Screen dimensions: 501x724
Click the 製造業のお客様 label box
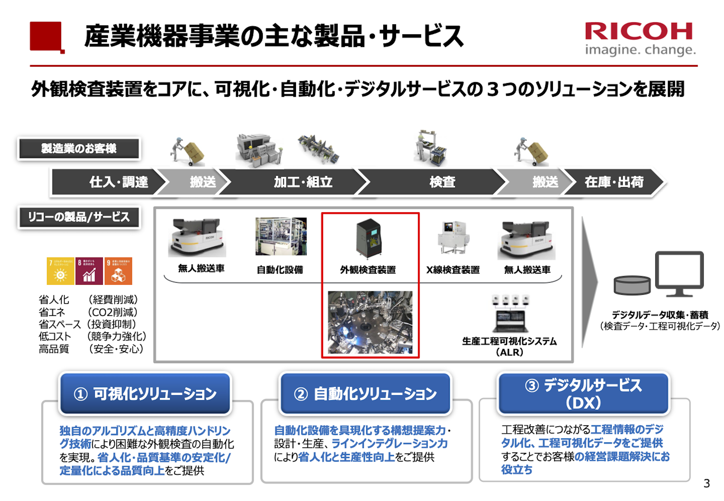[79, 149]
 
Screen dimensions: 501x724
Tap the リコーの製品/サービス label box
[79, 217]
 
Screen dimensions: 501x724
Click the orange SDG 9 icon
[118, 271]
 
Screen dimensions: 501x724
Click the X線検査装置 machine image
[453, 238]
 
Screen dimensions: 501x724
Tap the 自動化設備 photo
[281, 236]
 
